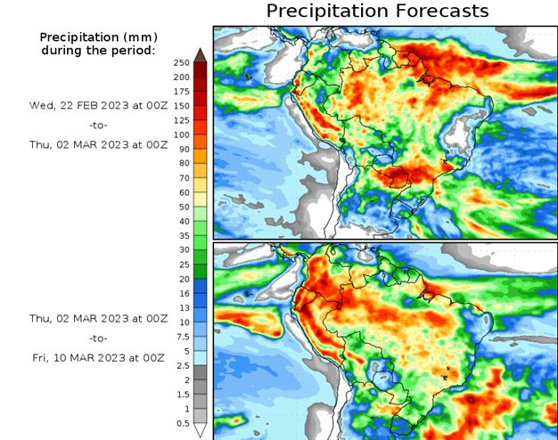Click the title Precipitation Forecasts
click(x=378, y=12)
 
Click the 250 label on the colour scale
click(x=181, y=62)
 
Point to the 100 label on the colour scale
click(x=181, y=134)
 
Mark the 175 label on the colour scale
click(x=181, y=91)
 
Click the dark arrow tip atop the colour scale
click(x=201, y=54)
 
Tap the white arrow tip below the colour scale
click(x=201, y=431)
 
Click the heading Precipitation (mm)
click(x=97, y=37)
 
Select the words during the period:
click(x=97, y=50)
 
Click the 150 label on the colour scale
click(x=181, y=105)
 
